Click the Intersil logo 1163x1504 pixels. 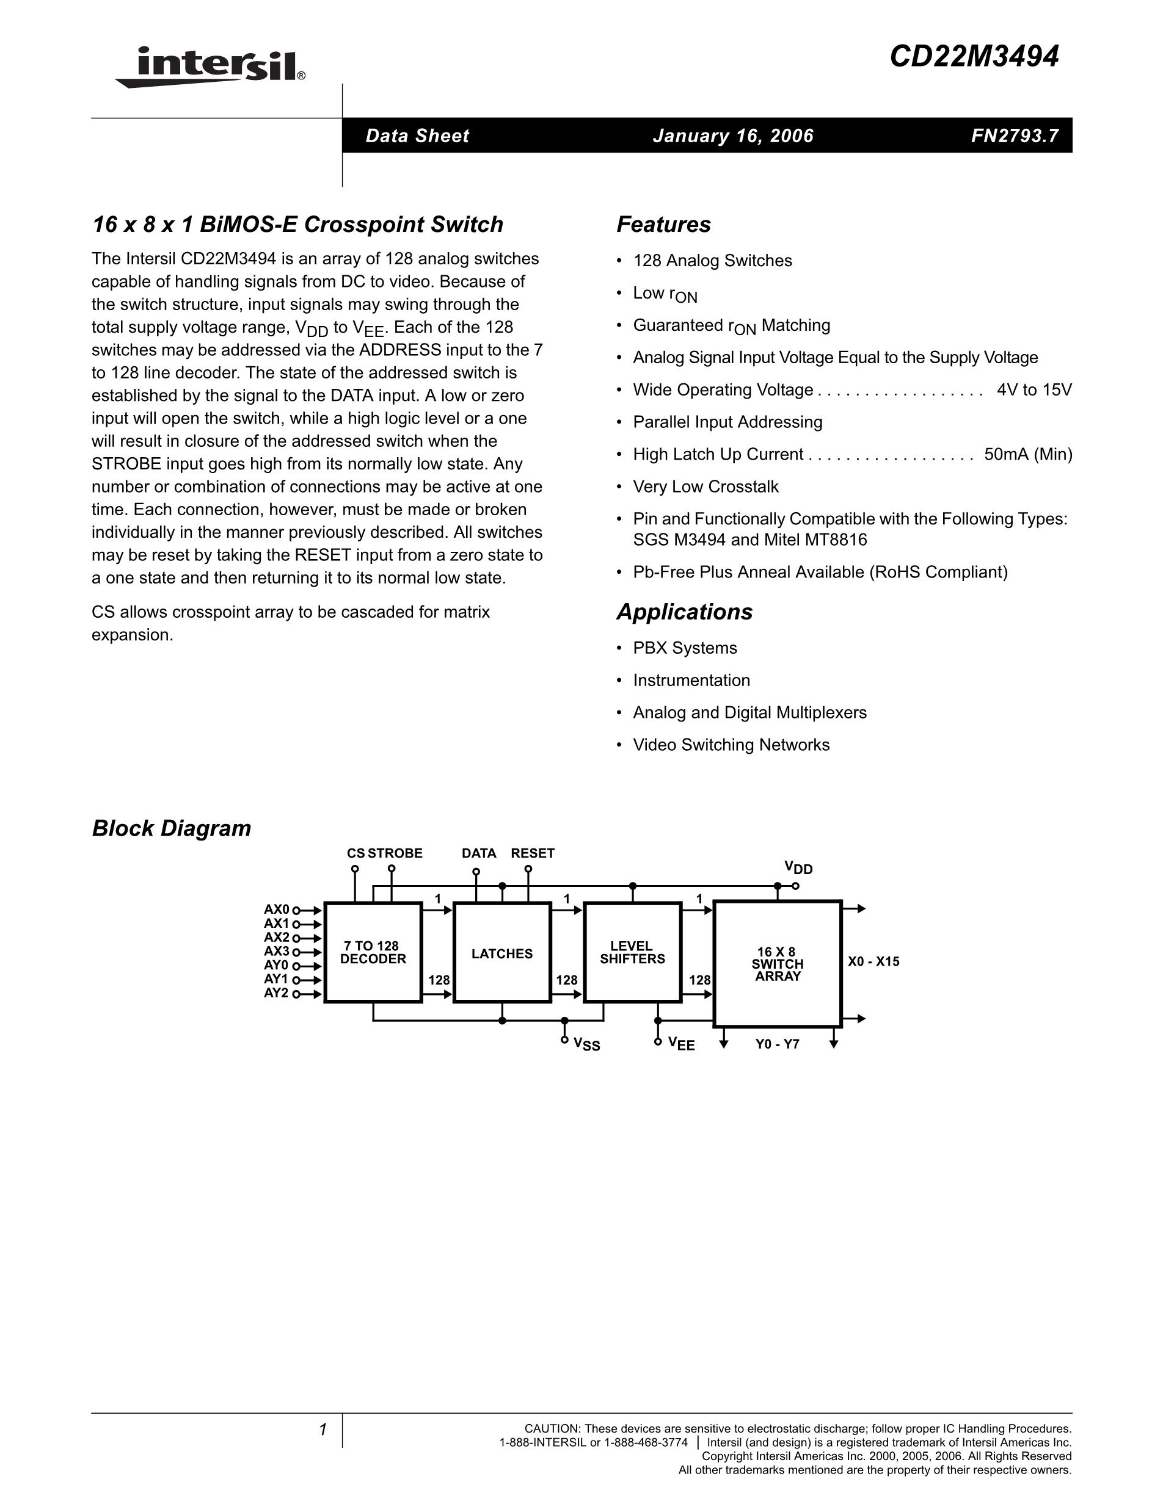[x=210, y=67]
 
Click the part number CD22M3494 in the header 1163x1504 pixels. [x=974, y=57]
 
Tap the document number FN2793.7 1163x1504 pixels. [x=1014, y=136]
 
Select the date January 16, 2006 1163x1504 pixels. [x=733, y=136]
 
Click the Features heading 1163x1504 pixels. [x=663, y=225]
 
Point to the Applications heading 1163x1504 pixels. [x=684, y=612]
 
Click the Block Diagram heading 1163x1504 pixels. [x=172, y=828]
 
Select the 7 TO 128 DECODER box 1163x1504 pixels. [x=373, y=952]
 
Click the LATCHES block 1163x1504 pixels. [x=501, y=953]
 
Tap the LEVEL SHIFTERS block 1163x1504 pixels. [x=632, y=952]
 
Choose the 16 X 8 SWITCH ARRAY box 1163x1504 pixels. [x=777, y=963]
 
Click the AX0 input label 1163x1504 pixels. [x=277, y=909]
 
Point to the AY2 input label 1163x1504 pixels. [x=277, y=993]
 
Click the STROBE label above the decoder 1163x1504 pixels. [x=395, y=853]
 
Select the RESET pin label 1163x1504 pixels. [x=532, y=853]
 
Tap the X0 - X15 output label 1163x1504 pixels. [x=873, y=961]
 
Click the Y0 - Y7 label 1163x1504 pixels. [x=776, y=1044]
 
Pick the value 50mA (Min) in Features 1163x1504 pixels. [x=1028, y=455]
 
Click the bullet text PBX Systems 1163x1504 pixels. [x=685, y=648]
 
